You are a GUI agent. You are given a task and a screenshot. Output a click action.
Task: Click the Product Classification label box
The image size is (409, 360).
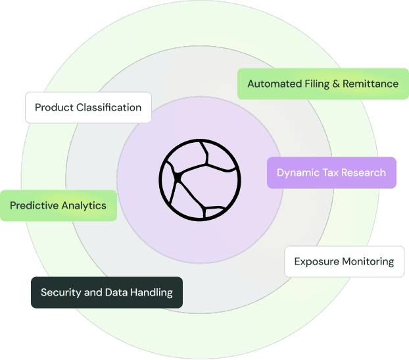coord(88,107)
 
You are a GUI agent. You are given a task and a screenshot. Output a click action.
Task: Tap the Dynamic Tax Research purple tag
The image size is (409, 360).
coord(331,172)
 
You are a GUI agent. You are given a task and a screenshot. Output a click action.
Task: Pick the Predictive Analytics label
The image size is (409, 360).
coord(58,205)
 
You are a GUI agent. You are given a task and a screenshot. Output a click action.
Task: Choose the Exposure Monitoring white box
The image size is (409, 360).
coord(344,261)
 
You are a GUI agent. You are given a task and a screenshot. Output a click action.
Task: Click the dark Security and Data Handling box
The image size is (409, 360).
coord(107,292)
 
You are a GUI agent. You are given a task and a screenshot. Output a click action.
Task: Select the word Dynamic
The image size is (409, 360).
coord(297,172)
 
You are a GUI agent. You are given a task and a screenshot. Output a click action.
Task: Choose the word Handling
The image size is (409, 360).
coord(151,292)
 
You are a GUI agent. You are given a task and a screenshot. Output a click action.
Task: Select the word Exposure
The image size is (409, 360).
coord(316,261)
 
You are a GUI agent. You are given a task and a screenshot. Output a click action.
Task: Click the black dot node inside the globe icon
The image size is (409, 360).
coord(177,178)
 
